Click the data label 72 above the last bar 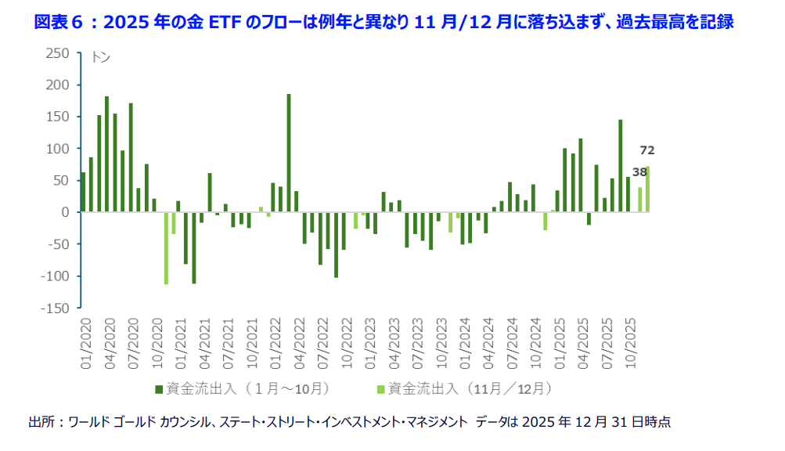pyautogui.click(x=647, y=150)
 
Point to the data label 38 pyautogui.click(x=639, y=172)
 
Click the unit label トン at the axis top pyautogui.click(x=100, y=57)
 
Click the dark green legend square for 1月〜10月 pyautogui.click(x=158, y=388)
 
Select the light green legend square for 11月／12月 pyautogui.click(x=381, y=388)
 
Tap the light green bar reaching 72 pyautogui.click(x=648, y=189)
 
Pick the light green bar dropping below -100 pyautogui.click(x=166, y=248)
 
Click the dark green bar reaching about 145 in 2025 pyautogui.click(x=621, y=165)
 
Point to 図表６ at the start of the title pyautogui.click(x=59, y=22)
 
